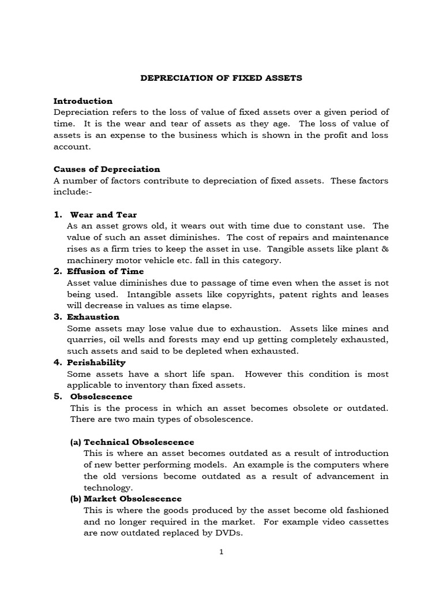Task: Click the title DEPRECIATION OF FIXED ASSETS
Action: click(221, 78)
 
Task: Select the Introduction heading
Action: click(83, 101)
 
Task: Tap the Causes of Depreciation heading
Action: click(107, 169)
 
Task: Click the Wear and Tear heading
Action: click(103, 215)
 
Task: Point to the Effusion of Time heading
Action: click(106, 271)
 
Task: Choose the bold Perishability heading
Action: click(96, 362)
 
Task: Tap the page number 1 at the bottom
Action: click(221, 552)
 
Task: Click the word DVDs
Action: click(228, 533)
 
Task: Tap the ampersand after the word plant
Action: click(385, 249)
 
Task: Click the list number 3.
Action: click(58, 317)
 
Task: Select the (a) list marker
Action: click(76, 442)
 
